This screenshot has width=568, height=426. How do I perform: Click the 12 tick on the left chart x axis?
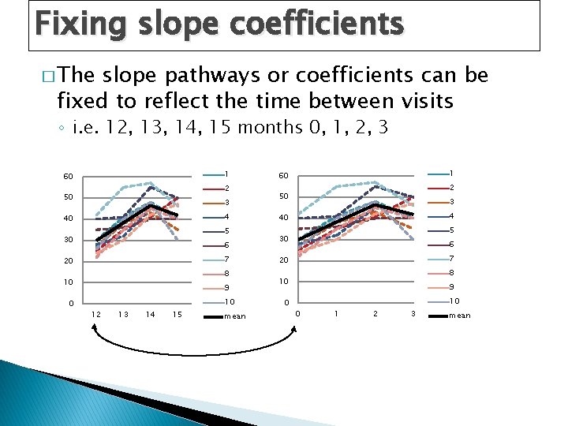tap(95, 315)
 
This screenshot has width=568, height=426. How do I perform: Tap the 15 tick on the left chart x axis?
tap(177, 315)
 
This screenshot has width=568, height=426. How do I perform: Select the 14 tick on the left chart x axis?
tap(150, 315)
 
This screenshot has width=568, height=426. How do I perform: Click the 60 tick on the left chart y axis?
tap(68, 176)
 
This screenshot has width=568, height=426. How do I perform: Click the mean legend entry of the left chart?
tap(234, 316)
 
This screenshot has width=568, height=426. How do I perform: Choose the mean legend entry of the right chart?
tap(459, 316)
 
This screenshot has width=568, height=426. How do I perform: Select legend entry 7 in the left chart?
tap(226, 260)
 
